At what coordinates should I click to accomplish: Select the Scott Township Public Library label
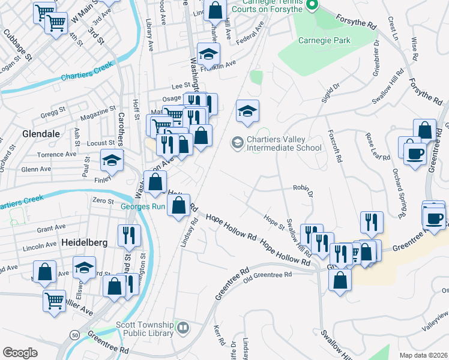point(145,329)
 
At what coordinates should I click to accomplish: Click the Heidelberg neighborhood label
point(84,242)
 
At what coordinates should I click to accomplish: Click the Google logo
point(20,353)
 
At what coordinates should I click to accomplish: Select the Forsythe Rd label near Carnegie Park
point(355,22)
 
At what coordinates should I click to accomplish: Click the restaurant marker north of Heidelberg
point(130,236)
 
